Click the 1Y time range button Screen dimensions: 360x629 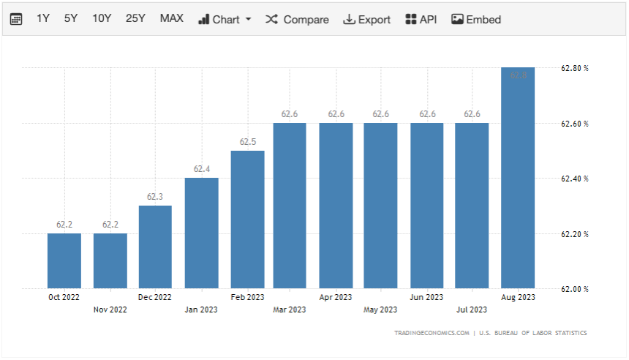43,19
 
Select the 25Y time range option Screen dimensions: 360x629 135,19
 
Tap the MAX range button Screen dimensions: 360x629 172,19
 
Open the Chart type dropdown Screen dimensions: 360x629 225,20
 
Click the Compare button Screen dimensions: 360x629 297,20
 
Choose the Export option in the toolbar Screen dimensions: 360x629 366,20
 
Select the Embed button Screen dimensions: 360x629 476,20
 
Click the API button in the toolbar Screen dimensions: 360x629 421,20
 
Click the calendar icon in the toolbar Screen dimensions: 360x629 16,20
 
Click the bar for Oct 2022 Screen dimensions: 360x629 64,260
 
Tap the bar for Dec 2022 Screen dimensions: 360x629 155,247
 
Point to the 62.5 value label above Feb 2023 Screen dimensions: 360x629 247,141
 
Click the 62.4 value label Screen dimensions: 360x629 202,169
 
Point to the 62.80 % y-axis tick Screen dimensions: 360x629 575,68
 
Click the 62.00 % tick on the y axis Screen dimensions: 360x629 575,289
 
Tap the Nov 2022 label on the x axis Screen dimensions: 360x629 110,310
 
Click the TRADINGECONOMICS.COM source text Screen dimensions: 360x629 432,333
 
